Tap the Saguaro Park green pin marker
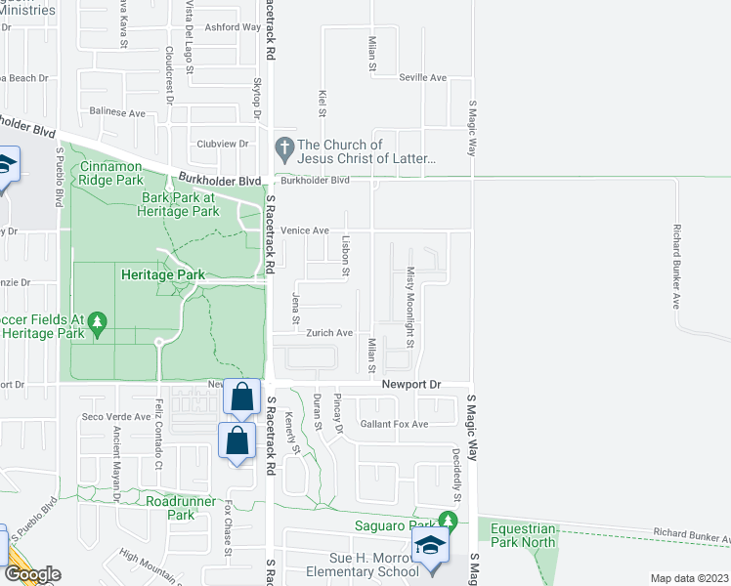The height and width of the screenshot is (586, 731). [450, 521]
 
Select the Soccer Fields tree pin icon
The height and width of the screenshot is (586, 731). [97, 320]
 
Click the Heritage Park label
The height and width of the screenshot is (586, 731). [162, 275]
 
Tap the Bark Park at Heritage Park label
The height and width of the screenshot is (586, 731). [178, 203]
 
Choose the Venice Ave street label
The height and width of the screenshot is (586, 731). [305, 230]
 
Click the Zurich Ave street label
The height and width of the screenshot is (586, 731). [328, 333]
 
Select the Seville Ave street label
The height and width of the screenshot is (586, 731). [423, 77]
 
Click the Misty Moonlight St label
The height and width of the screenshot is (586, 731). [411, 308]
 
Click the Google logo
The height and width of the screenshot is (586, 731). [31, 574]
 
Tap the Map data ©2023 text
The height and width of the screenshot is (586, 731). [690, 578]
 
